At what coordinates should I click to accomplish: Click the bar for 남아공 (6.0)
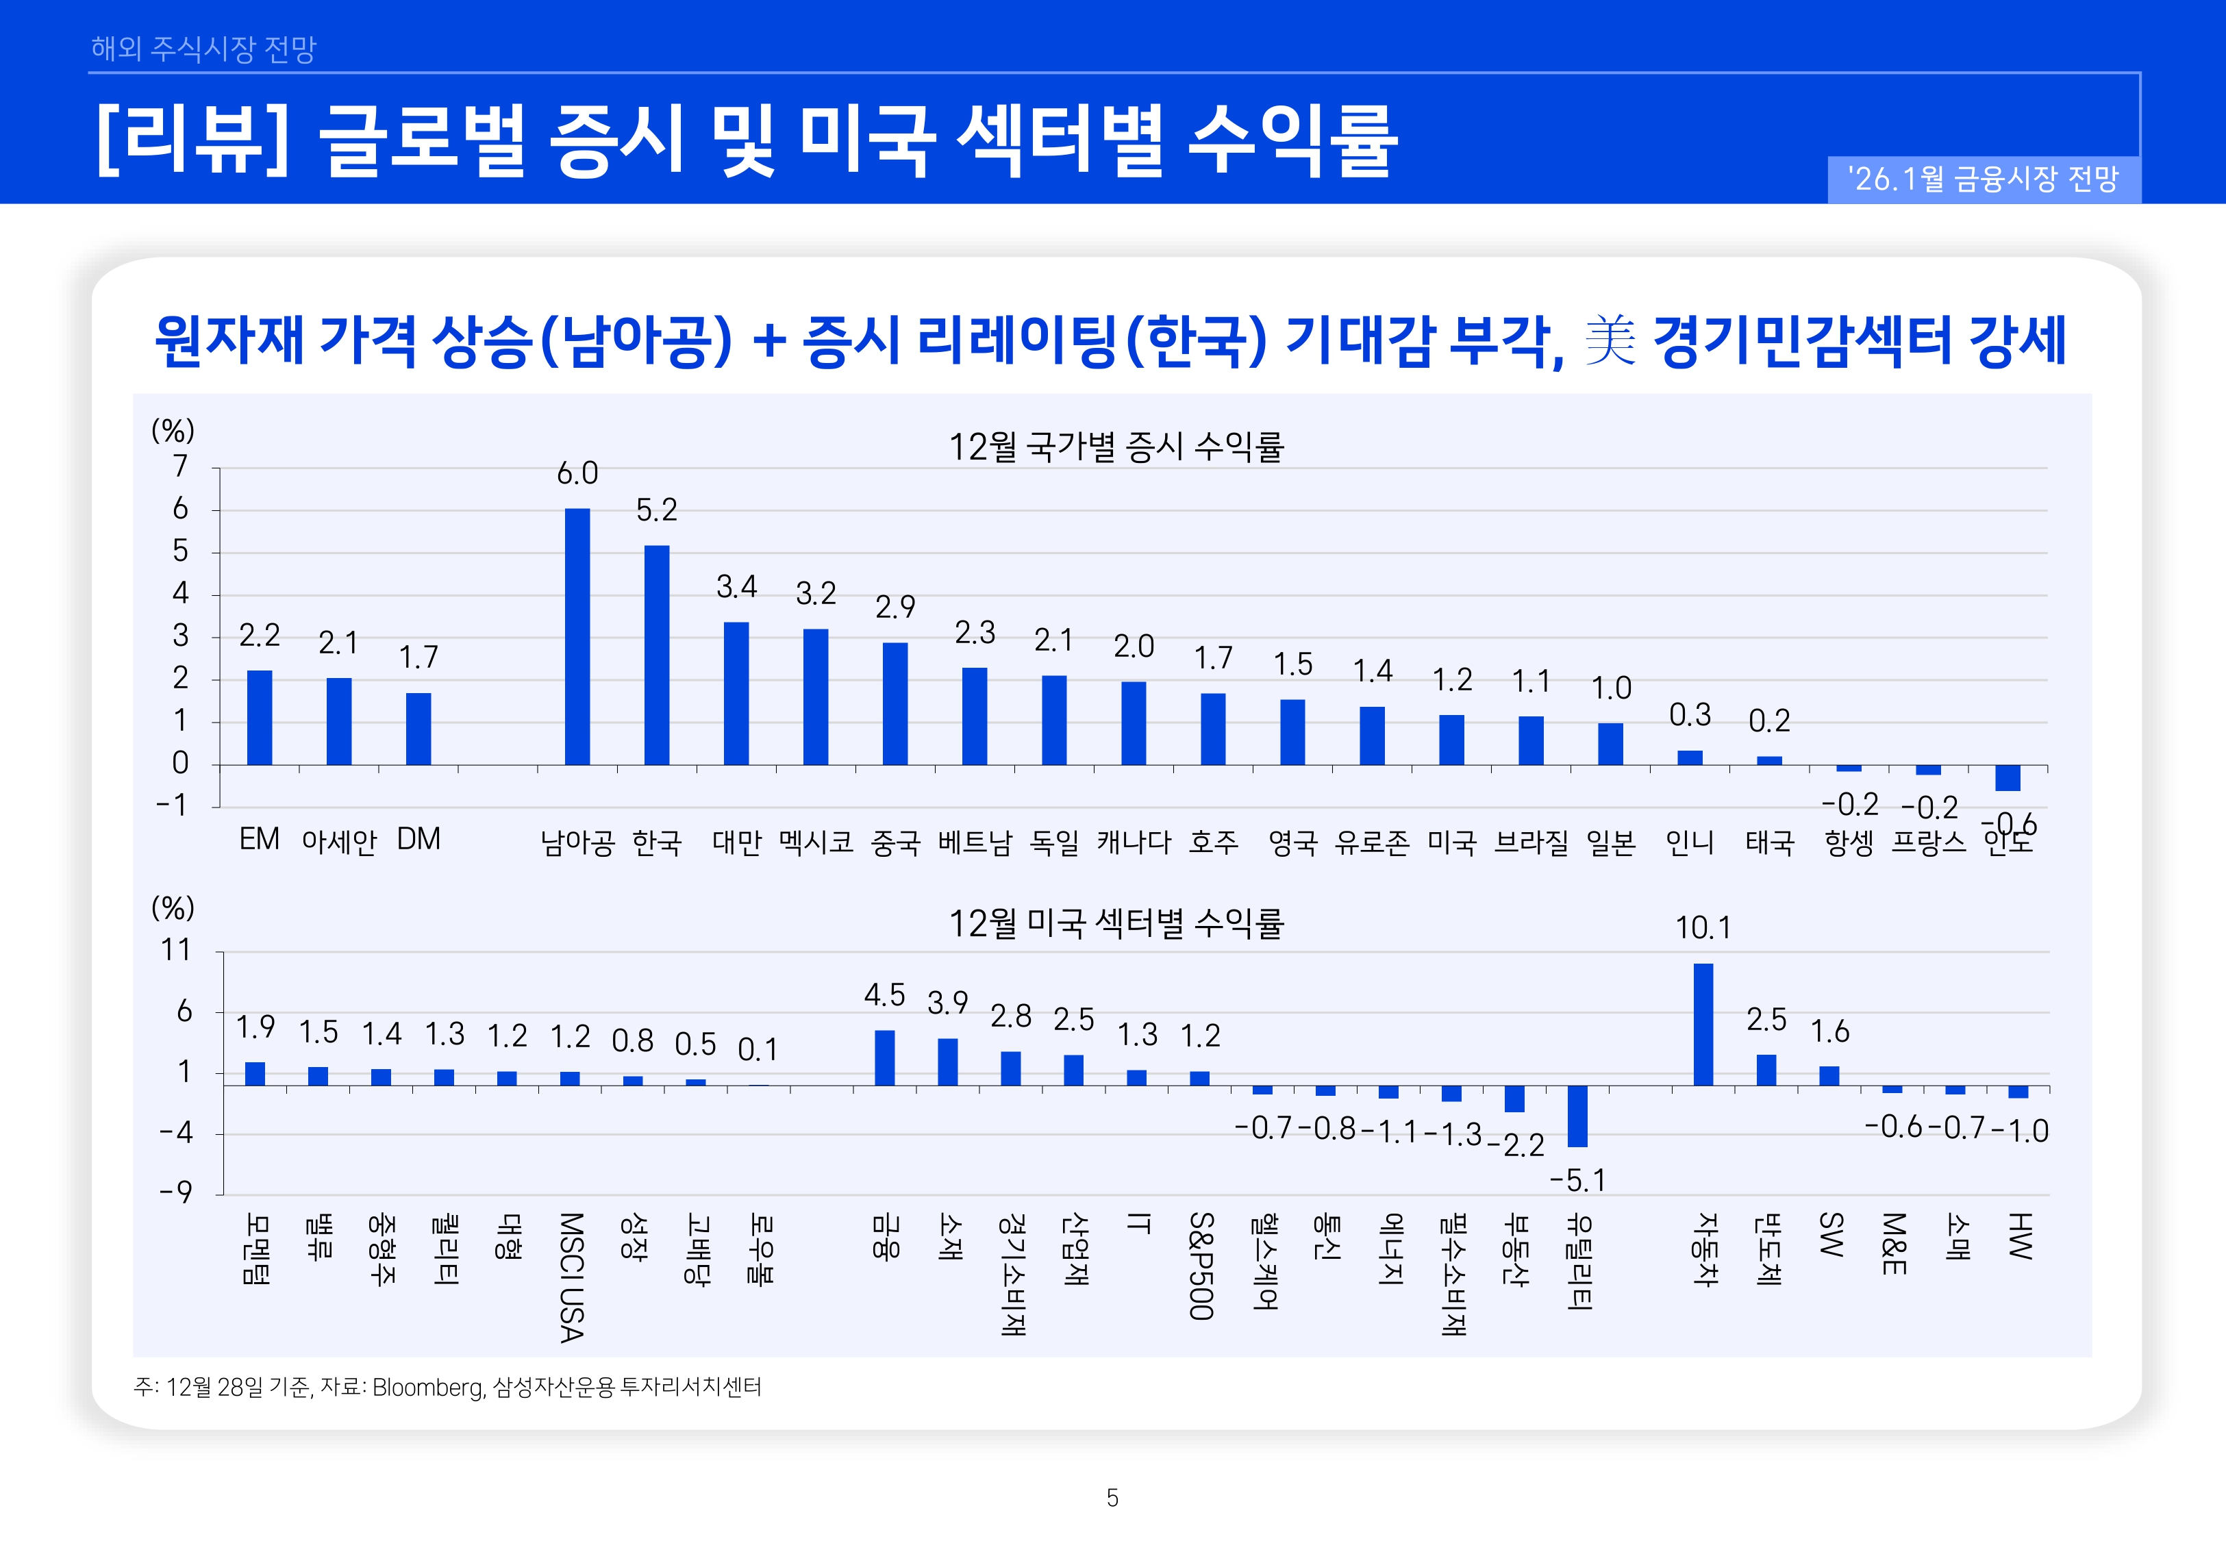coord(577,637)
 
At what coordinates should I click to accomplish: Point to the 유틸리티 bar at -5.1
coord(1577,1116)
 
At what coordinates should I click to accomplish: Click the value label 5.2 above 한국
coord(656,510)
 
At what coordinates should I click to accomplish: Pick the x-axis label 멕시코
coord(816,842)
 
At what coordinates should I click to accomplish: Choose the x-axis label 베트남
coord(974,842)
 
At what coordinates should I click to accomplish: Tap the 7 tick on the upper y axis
coord(181,467)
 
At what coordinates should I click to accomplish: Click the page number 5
coord(1112,1498)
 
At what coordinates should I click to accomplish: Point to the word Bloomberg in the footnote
coord(427,1388)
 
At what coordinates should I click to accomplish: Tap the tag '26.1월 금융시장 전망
coord(1983,179)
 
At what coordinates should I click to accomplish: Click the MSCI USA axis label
coord(571,1277)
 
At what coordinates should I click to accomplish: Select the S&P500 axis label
coord(1200,1265)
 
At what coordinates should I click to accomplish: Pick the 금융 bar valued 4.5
coord(884,1058)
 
